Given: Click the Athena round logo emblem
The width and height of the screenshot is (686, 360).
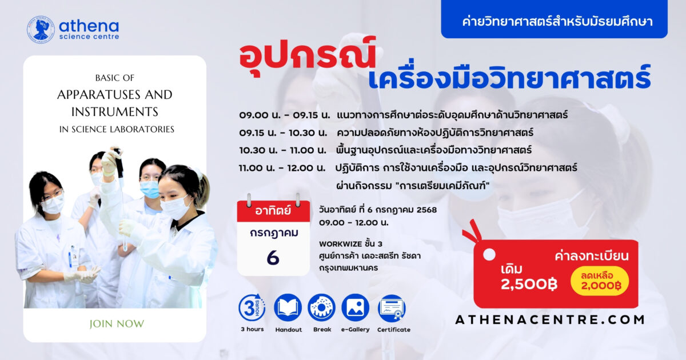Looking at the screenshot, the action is point(41,29).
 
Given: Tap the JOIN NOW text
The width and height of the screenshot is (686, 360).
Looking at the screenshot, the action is point(117,324).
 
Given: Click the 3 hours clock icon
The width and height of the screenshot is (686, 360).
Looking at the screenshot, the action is point(252,307).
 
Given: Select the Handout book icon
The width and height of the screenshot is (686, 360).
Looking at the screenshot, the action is point(288,307).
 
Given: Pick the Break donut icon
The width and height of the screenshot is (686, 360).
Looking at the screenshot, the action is point(321,307).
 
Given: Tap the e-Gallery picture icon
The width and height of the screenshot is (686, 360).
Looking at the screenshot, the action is point(355,307).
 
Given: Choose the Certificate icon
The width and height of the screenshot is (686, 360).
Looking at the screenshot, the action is point(392,308).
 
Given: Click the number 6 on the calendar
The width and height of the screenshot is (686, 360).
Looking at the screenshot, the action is point(273,258).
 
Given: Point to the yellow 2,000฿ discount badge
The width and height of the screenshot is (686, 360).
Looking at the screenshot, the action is point(600,281).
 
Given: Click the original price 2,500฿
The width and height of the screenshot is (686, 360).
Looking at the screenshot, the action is point(529,285).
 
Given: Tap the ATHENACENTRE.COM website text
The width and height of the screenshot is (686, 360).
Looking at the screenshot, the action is point(550,320).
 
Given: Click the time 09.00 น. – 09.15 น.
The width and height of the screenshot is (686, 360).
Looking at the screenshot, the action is point(285,115).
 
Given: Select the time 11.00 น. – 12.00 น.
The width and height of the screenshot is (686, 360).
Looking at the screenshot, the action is point(282,168).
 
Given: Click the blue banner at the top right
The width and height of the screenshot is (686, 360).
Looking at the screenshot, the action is point(555,19).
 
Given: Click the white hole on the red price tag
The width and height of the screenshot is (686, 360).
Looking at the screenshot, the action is point(489,255).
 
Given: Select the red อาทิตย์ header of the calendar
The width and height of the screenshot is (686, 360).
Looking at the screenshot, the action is point(273,211).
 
